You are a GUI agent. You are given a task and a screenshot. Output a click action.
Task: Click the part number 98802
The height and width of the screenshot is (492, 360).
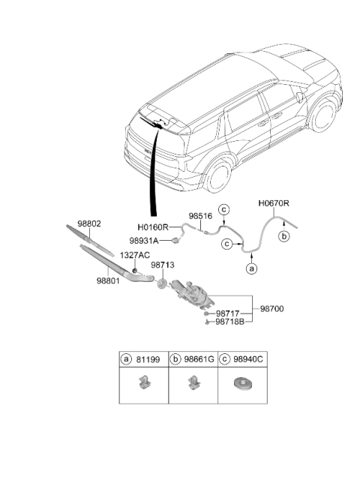(89, 224)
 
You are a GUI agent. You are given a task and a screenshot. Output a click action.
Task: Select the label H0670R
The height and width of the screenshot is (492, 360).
(274, 203)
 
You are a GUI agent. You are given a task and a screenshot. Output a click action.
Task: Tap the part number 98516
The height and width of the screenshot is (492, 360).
(200, 216)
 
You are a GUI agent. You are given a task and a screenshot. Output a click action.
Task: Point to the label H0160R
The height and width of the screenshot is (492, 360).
(153, 226)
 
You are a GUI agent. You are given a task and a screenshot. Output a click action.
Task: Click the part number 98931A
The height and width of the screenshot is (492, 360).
(144, 241)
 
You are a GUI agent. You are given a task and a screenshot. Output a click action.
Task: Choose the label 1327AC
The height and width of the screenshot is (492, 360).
(135, 255)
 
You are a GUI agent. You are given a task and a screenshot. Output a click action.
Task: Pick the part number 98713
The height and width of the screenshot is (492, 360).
(163, 265)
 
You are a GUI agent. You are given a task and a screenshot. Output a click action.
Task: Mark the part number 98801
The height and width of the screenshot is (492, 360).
(108, 280)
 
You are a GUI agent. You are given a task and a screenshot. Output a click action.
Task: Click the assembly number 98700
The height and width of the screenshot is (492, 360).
(271, 309)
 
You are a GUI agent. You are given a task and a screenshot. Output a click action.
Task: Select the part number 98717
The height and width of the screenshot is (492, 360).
(227, 313)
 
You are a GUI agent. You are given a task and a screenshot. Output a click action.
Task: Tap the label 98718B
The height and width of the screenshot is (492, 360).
(229, 322)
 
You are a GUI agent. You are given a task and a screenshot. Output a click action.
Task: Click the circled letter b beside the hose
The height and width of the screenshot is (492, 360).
(283, 236)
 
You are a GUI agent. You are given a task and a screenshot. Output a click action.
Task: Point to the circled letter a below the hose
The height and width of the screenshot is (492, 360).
(251, 268)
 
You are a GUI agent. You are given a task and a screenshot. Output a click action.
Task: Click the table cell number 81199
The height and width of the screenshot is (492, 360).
(148, 359)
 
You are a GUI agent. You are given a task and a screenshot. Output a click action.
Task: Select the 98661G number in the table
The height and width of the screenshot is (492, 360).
(199, 359)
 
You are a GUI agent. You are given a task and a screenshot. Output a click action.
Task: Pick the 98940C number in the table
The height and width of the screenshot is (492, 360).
(248, 359)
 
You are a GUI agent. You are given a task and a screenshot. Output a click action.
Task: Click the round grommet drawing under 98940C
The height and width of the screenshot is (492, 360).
(243, 383)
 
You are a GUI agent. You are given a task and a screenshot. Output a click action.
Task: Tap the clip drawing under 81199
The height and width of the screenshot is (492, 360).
(143, 382)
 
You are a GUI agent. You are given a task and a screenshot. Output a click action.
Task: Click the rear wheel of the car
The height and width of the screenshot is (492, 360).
(219, 176)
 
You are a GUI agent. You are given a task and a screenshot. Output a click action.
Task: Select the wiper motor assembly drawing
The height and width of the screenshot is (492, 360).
(192, 294)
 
